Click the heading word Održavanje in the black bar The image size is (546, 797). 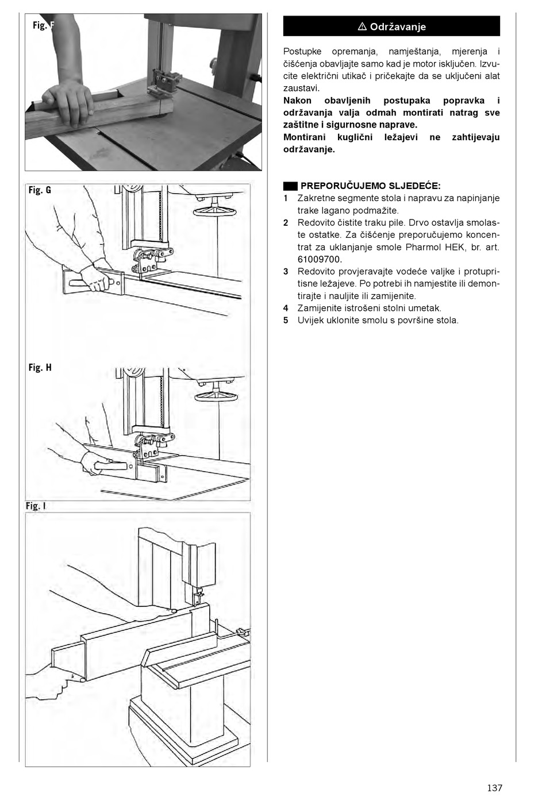(x=398, y=27)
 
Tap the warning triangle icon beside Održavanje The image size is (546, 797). (x=362, y=27)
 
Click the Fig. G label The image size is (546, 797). (x=40, y=190)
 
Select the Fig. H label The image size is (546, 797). (x=40, y=367)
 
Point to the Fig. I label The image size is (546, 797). (x=36, y=506)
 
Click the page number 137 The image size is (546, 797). (x=494, y=787)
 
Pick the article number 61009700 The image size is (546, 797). (x=319, y=259)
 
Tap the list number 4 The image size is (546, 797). (x=286, y=308)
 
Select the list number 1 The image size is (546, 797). (x=286, y=198)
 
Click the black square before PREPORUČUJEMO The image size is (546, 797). (x=290, y=186)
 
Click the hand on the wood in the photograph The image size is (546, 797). (x=68, y=101)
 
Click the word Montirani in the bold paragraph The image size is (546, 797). (x=304, y=137)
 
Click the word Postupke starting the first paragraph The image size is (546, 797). (x=302, y=52)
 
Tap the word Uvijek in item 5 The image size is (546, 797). (x=310, y=321)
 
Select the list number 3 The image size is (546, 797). (x=286, y=272)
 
